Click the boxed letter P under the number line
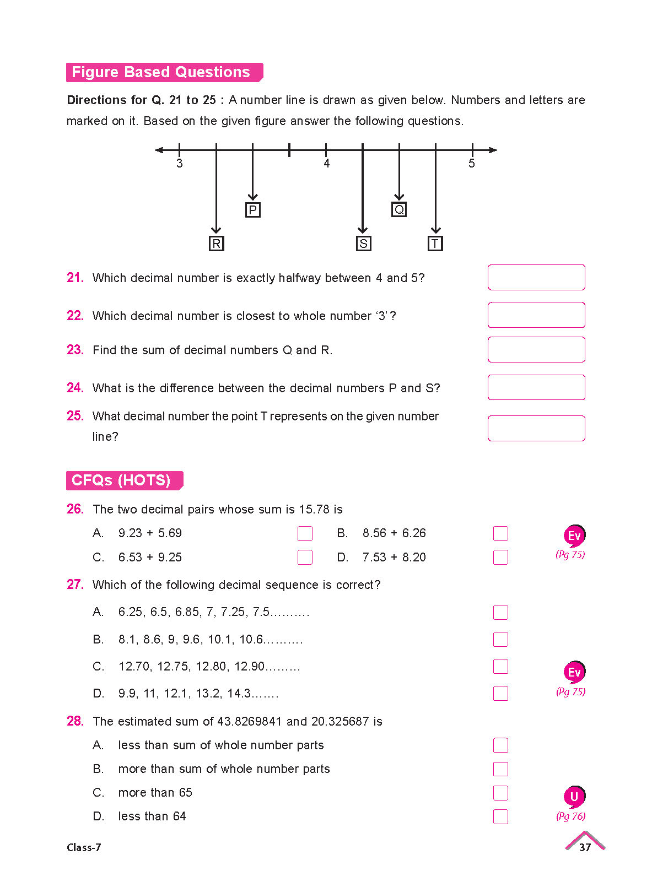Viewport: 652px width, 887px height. (252, 210)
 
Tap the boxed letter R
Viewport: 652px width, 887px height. (216, 244)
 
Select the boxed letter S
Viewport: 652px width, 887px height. (363, 244)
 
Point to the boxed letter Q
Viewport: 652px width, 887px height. (399, 210)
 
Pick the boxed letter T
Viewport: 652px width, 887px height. (435, 244)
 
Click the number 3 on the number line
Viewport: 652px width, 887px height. (180, 164)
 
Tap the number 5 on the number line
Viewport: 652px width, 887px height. (472, 164)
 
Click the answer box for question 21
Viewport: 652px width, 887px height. (536, 277)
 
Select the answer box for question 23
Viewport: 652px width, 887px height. (536, 349)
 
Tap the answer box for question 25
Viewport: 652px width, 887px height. (536, 428)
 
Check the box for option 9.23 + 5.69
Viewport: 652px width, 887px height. (305, 533)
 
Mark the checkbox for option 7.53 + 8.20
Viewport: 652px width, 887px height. (500, 557)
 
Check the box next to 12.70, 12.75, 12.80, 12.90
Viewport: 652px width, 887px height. (500, 666)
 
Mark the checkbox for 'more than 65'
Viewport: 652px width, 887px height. (500, 793)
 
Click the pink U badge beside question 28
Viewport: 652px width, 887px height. (574, 797)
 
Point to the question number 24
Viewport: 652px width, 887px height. (75, 388)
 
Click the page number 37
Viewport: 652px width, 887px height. (585, 847)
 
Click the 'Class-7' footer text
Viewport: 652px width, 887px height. (84, 847)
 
